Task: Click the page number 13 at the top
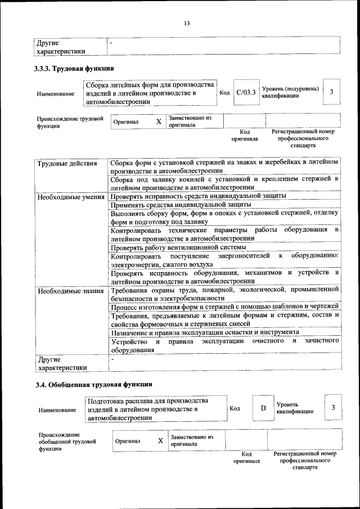click(x=187, y=23)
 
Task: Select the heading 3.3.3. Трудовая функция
click(x=74, y=69)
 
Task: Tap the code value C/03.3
click(x=246, y=92)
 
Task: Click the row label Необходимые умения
click(x=71, y=197)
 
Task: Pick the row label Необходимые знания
click(x=70, y=291)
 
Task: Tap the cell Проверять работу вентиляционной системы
click(x=178, y=247)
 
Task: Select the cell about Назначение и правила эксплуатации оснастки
click(x=205, y=332)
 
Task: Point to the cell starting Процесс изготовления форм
click(x=224, y=306)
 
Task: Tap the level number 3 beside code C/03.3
click(x=332, y=92)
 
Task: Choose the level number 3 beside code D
click(x=333, y=407)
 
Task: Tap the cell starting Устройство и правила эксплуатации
click(x=224, y=345)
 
